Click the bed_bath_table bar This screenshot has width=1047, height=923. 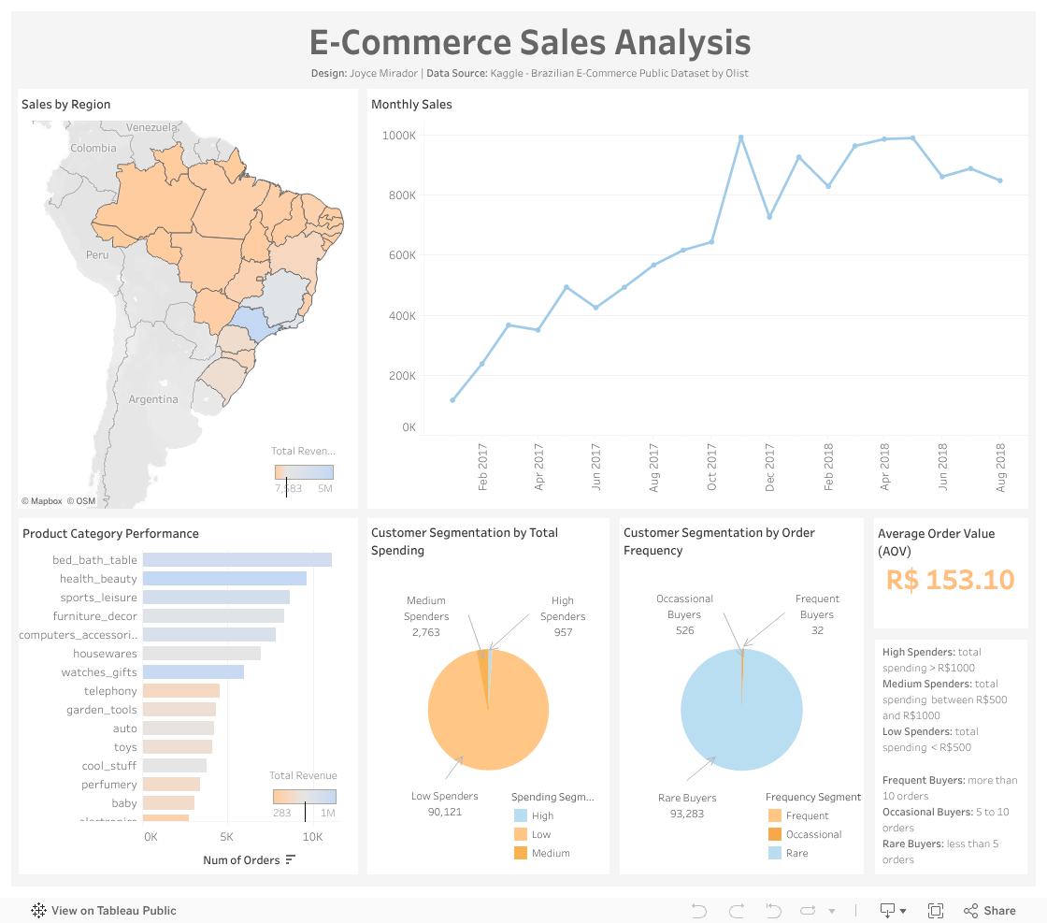237,560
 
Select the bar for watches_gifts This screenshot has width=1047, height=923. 193,672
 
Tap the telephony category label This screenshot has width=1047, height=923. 110,691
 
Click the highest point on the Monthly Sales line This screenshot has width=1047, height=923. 740,137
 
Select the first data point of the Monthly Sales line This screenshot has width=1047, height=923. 452,400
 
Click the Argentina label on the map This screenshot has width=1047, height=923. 153,399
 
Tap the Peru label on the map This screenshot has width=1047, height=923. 97,254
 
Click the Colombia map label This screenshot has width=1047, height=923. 93,148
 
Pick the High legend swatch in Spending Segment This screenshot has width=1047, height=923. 521,815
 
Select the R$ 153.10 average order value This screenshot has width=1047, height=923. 950,580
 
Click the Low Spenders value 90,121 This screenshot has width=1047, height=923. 444,812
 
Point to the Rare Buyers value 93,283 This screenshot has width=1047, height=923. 686,814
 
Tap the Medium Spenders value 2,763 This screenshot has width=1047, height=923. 425,633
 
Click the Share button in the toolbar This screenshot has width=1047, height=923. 990,911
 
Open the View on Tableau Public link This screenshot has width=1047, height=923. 104,911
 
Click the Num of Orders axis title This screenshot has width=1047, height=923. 241,860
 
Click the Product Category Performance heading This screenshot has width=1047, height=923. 110,534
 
